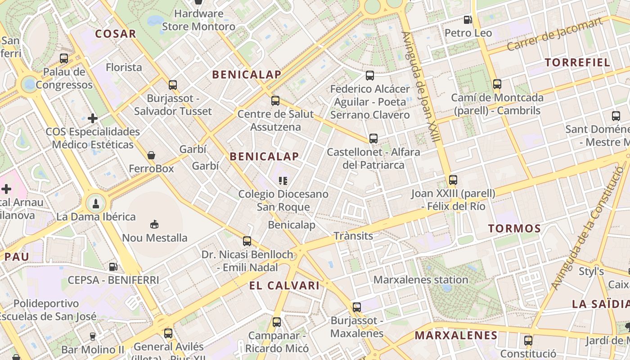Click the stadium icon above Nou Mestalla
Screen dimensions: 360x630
tap(154, 224)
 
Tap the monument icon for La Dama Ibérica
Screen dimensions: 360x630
tap(95, 203)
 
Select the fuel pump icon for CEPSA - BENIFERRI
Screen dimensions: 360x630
tap(113, 266)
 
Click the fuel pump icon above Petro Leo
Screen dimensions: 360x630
tap(468, 20)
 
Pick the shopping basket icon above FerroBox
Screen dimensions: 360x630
tap(151, 155)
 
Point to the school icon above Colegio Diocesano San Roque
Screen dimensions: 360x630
tap(283, 181)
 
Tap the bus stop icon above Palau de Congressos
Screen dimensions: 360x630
tap(64, 58)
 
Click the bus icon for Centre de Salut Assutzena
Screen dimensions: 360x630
tap(275, 101)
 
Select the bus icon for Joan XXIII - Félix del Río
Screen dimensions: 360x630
tap(453, 180)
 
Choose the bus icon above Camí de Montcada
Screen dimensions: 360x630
tap(497, 84)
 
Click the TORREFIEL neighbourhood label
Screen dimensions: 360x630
tap(577, 63)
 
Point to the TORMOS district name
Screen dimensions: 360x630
tap(514, 229)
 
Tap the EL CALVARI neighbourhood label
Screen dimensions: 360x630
tap(284, 285)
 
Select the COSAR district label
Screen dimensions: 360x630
tap(115, 34)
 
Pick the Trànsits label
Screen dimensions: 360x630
tap(353, 236)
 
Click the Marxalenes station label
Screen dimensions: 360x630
tap(421, 280)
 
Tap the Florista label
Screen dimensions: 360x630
tap(124, 67)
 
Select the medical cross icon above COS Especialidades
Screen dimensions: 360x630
tap(93, 118)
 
